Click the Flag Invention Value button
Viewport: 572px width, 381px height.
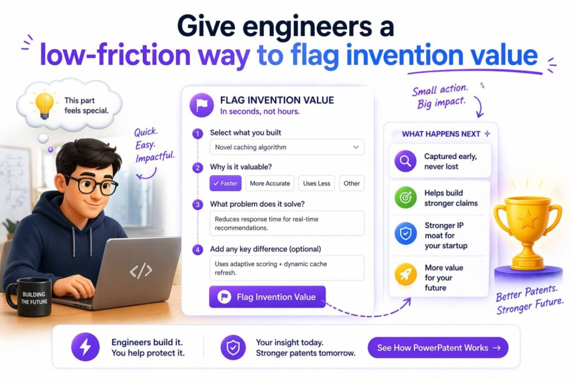(x=267, y=297)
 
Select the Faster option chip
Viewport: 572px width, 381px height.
(x=225, y=183)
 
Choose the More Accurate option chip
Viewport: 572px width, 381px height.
(x=270, y=183)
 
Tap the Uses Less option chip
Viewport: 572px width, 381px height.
(x=317, y=183)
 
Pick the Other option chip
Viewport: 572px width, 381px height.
(x=352, y=183)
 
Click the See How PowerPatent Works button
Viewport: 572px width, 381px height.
(x=438, y=348)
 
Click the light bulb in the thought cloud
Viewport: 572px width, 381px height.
(x=44, y=104)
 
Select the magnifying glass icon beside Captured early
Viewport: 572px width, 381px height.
(x=406, y=161)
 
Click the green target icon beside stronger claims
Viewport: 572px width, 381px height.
(x=406, y=197)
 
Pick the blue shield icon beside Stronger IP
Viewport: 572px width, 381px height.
(x=406, y=234)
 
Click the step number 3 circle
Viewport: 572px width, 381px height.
(x=197, y=204)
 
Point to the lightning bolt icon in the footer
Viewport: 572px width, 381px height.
(x=85, y=348)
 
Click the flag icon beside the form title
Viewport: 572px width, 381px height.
(x=201, y=105)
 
